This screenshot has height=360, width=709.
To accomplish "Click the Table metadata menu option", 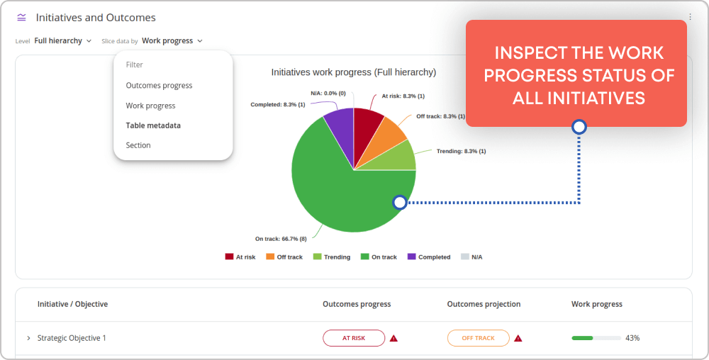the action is coord(153,125).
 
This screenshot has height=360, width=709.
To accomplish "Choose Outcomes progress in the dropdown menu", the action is coord(159,85).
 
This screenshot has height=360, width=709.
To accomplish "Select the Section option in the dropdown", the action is coord(138,145).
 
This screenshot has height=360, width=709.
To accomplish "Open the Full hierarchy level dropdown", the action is coord(63,40).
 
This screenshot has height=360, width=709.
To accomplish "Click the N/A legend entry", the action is coord(471,257).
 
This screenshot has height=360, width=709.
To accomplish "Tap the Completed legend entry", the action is coord(429,257).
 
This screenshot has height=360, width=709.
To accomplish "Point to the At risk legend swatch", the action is coord(229,257).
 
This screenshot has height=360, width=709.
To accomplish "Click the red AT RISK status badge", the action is coord(354,338).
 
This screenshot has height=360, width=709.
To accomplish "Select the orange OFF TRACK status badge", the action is coord(479,338).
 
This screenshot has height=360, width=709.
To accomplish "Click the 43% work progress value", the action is coord(632,338).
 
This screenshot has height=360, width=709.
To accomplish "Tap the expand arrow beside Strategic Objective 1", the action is coord(28,338).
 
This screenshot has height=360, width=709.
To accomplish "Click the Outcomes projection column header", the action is coord(484,304).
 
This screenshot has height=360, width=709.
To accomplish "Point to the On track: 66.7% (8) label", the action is coord(281,239).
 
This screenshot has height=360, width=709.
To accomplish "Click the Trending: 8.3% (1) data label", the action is coord(462,151).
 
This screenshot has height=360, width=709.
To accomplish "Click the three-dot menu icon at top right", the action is coord(690,17).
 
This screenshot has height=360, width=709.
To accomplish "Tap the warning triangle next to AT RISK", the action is coord(393,338).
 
